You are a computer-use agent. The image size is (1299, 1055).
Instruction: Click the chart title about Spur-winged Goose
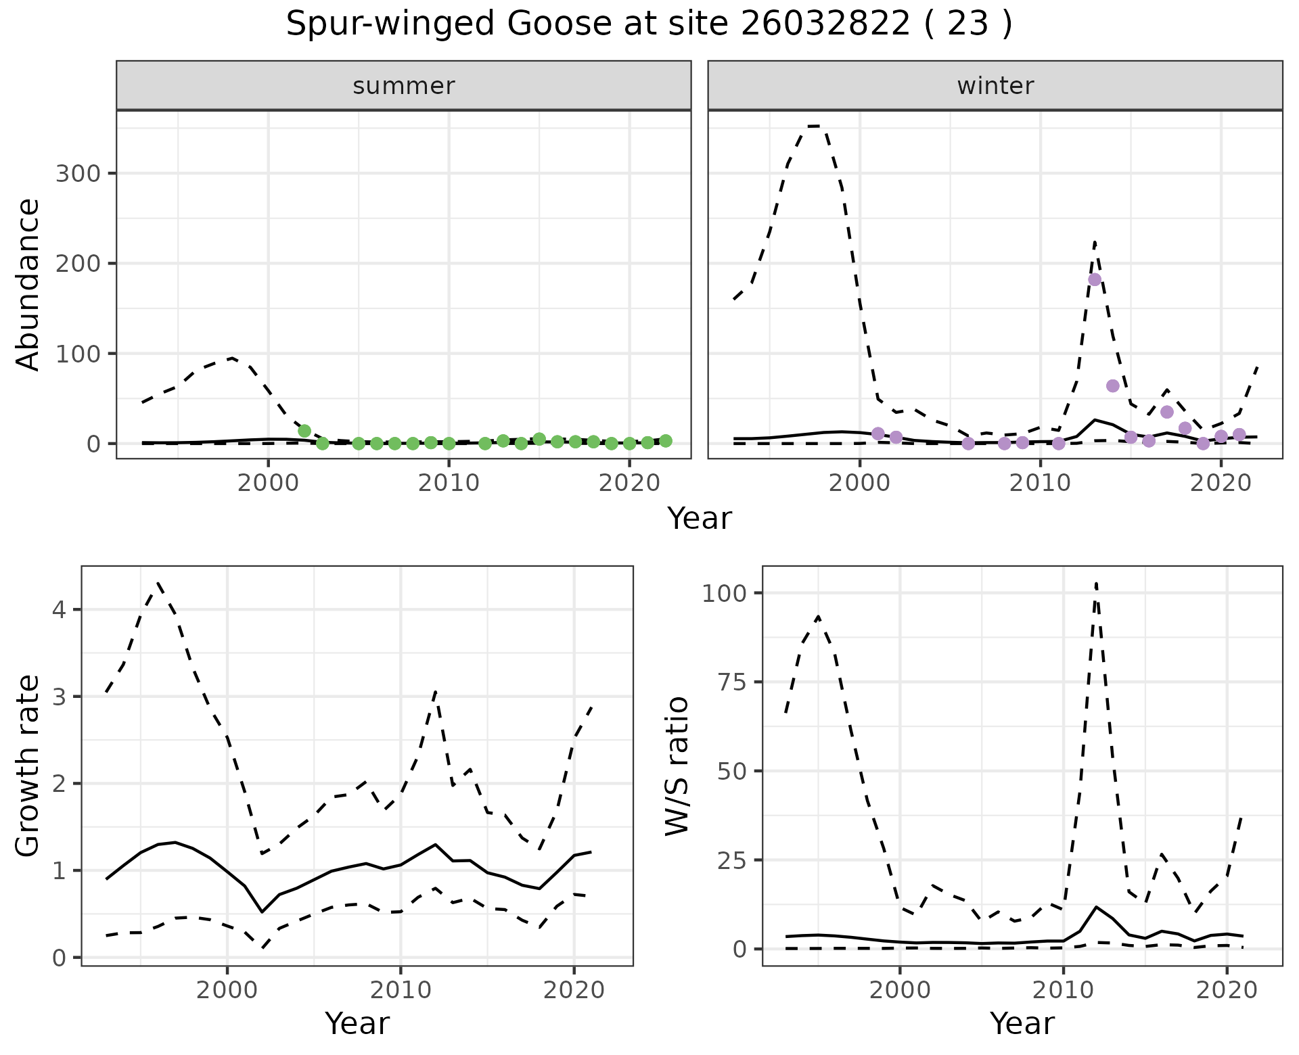[x=649, y=24]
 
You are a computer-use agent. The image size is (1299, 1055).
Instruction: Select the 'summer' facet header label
[x=404, y=86]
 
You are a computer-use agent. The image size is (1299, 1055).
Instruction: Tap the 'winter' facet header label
[x=995, y=86]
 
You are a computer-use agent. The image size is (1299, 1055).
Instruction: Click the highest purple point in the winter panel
[x=1095, y=279]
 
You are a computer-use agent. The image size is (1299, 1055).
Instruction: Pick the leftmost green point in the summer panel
[x=304, y=431]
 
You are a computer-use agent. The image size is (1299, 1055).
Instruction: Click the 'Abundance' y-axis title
[x=28, y=285]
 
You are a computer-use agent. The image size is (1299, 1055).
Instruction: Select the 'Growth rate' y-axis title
[x=28, y=766]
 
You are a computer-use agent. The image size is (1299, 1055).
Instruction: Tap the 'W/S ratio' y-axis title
[x=677, y=766]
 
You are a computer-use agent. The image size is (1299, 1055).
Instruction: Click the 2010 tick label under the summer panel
[x=449, y=484]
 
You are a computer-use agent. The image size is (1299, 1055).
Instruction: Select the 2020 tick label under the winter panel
[x=1221, y=484]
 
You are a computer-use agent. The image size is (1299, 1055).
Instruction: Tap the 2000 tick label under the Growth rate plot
[x=227, y=991]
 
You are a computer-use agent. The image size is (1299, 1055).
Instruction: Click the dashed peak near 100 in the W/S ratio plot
[x=1095, y=583]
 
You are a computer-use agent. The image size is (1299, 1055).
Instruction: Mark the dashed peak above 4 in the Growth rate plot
[x=158, y=582]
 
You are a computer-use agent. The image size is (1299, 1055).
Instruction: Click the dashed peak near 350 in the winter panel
[x=815, y=126]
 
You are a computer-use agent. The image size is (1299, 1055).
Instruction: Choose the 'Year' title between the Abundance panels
[x=700, y=519]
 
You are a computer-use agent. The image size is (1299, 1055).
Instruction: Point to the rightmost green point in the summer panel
[x=666, y=441]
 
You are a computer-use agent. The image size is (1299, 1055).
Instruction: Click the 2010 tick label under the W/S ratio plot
[x=1063, y=991]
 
